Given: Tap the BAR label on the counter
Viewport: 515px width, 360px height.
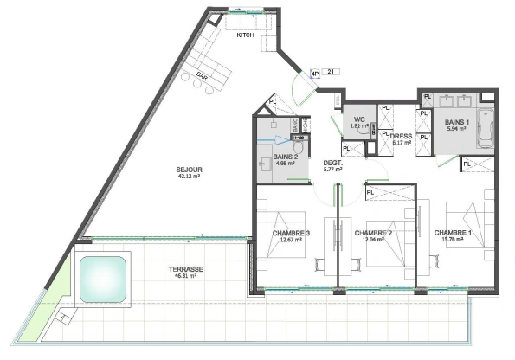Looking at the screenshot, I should click(x=202, y=75).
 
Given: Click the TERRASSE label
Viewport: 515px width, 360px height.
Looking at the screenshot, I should click(x=186, y=269).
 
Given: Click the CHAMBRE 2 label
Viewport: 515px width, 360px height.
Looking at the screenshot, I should click(x=372, y=232).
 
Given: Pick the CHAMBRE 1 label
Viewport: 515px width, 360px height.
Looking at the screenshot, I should click(x=453, y=232).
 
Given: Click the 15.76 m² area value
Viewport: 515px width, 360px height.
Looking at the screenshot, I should click(x=454, y=240).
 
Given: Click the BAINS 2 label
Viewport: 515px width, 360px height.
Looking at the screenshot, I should click(x=274, y=156).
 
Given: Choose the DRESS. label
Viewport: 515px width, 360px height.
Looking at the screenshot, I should click(x=401, y=136).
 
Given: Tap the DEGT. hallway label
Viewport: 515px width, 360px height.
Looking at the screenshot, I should click(x=332, y=162).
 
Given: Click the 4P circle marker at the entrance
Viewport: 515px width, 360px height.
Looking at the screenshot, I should click(x=315, y=74).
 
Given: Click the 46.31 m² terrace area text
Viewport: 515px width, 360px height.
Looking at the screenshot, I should click(x=186, y=276).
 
